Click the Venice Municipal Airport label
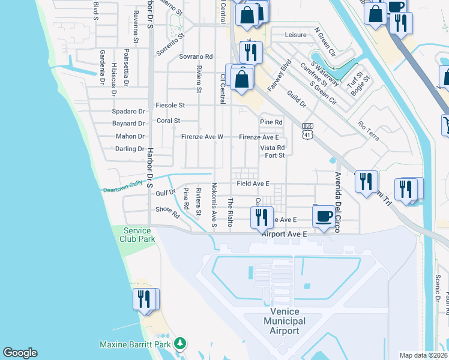(x=285, y=321)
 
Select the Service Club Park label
(x=139, y=235)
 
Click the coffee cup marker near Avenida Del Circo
(x=324, y=216)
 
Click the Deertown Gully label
(x=122, y=188)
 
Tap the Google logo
(x=20, y=353)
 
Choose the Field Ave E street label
(x=253, y=183)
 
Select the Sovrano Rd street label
(x=196, y=56)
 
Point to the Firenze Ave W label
(x=202, y=137)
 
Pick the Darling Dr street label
(x=130, y=149)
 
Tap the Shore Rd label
(x=167, y=211)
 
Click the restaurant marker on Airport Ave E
(x=261, y=217)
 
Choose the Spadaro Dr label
(x=129, y=112)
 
